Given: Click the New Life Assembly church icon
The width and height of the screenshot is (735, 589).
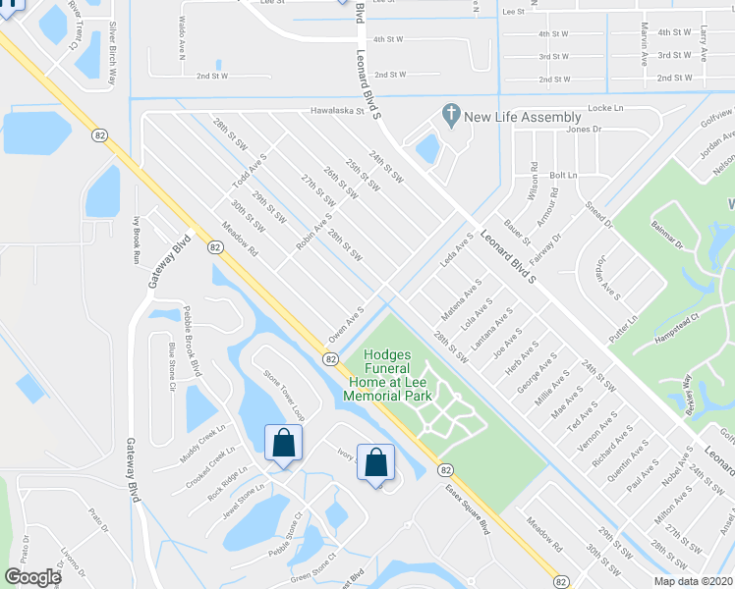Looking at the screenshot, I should (x=451, y=116).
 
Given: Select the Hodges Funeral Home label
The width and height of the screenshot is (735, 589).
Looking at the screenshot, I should (x=387, y=375).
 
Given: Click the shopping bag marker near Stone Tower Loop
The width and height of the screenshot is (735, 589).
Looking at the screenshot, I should (x=283, y=443).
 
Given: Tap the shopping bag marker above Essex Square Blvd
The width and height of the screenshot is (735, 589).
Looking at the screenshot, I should (x=375, y=463).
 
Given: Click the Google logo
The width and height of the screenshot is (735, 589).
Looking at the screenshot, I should (x=33, y=577).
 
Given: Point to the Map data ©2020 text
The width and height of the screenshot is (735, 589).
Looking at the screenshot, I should (x=692, y=581).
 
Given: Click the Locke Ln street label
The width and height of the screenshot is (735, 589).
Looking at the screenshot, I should (x=604, y=108).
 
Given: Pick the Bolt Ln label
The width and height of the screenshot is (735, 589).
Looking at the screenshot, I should (x=564, y=175).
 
